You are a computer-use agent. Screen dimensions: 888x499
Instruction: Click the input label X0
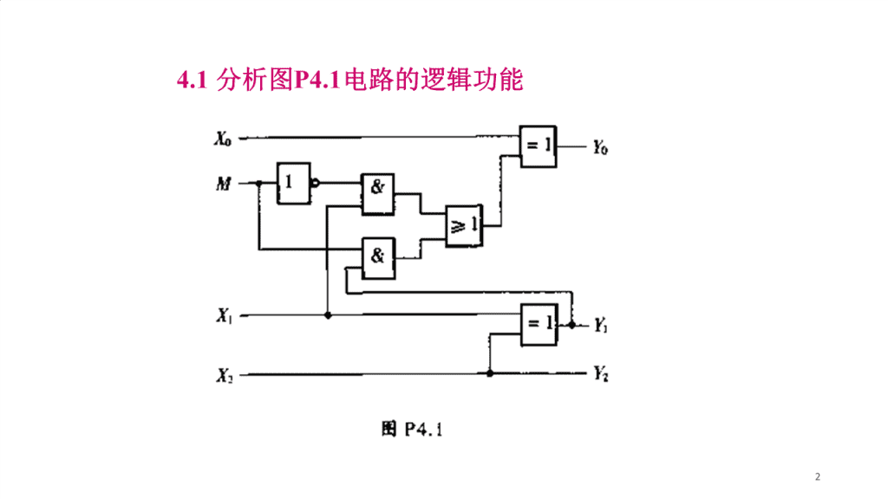click(223, 139)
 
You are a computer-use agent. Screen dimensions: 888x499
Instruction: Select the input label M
click(224, 184)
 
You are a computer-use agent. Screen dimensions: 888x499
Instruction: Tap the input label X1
click(225, 315)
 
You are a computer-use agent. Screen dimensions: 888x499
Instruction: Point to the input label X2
click(225, 375)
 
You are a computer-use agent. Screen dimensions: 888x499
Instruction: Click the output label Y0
click(600, 147)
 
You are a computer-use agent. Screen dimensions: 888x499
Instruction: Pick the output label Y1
click(600, 326)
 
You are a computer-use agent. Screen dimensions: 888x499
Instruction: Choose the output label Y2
click(601, 374)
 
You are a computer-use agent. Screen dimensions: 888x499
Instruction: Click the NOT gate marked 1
click(294, 184)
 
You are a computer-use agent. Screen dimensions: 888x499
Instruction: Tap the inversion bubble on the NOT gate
click(316, 183)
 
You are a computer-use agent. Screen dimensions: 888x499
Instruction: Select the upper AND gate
click(378, 195)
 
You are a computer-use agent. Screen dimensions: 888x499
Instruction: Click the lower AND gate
click(378, 258)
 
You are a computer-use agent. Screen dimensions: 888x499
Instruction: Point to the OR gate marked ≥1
click(464, 226)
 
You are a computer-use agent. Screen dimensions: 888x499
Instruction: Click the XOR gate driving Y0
click(538, 146)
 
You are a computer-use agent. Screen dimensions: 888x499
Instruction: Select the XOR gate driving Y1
click(539, 325)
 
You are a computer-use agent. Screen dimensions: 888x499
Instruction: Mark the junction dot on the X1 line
click(328, 315)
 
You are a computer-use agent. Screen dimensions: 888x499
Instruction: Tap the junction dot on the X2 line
click(490, 373)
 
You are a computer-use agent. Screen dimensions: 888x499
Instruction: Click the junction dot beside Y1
click(572, 326)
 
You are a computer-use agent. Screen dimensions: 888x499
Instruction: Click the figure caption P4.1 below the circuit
click(412, 430)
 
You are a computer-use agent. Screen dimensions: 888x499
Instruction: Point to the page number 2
click(817, 477)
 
